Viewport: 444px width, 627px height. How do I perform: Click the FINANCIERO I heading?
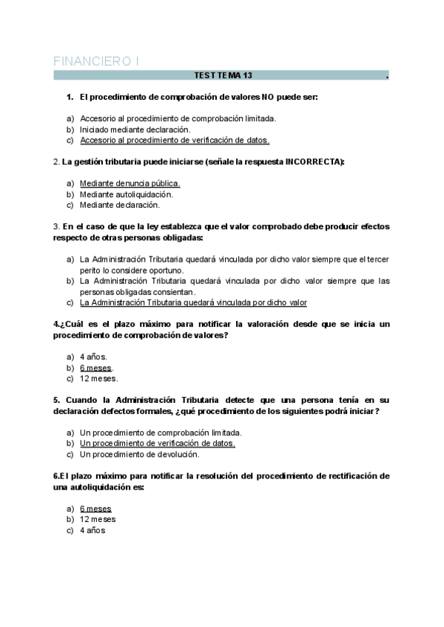(x=96, y=61)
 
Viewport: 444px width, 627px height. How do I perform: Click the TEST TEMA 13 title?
(x=223, y=75)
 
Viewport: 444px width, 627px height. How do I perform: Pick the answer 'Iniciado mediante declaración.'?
(x=129, y=129)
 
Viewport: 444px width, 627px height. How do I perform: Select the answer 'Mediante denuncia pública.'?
(x=130, y=183)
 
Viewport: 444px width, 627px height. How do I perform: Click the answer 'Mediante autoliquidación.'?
(x=127, y=194)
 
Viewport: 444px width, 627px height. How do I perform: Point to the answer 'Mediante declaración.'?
(x=120, y=204)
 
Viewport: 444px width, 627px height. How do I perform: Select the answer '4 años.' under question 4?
(x=93, y=356)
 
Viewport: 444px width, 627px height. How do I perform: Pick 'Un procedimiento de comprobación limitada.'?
(x=161, y=433)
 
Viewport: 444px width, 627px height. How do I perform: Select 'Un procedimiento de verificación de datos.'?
(x=158, y=443)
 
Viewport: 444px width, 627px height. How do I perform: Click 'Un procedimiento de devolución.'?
(x=140, y=454)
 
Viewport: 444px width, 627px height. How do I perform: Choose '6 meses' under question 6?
(x=95, y=509)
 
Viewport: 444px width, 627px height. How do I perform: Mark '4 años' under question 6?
(x=92, y=530)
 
